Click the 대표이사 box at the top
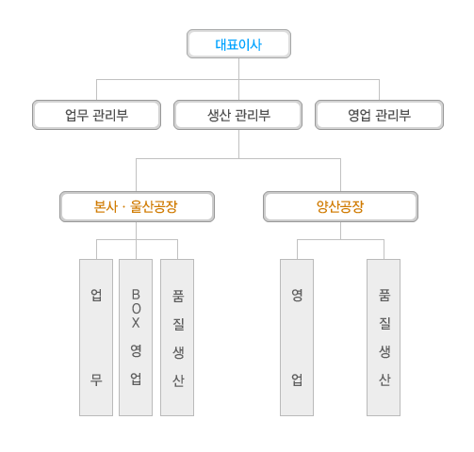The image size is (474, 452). (x=238, y=44)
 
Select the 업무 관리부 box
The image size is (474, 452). (x=96, y=115)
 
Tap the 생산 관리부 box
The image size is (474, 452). (x=238, y=115)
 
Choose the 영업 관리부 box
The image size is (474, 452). (x=380, y=115)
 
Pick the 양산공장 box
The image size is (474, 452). (x=340, y=206)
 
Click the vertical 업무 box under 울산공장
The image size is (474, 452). (x=96, y=337)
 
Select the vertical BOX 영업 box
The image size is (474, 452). (x=136, y=337)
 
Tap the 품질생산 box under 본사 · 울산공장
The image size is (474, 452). (x=177, y=337)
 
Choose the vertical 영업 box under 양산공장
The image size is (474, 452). (x=297, y=337)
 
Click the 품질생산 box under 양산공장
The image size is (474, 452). (x=384, y=337)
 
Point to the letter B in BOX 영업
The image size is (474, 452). (x=136, y=295)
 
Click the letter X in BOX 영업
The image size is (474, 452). (x=136, y=322)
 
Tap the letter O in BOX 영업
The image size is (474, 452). (x=136, y=309)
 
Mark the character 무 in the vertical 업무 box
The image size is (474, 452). (x=96, y=379)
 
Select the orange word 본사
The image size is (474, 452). (x=106, y=206)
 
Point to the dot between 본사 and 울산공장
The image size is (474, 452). (x=123, y=207)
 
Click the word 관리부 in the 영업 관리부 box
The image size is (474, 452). (x=393, y=115)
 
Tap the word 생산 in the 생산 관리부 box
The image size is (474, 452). (x=220, y=115)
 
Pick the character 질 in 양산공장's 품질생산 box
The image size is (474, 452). (x=384, y=323)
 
